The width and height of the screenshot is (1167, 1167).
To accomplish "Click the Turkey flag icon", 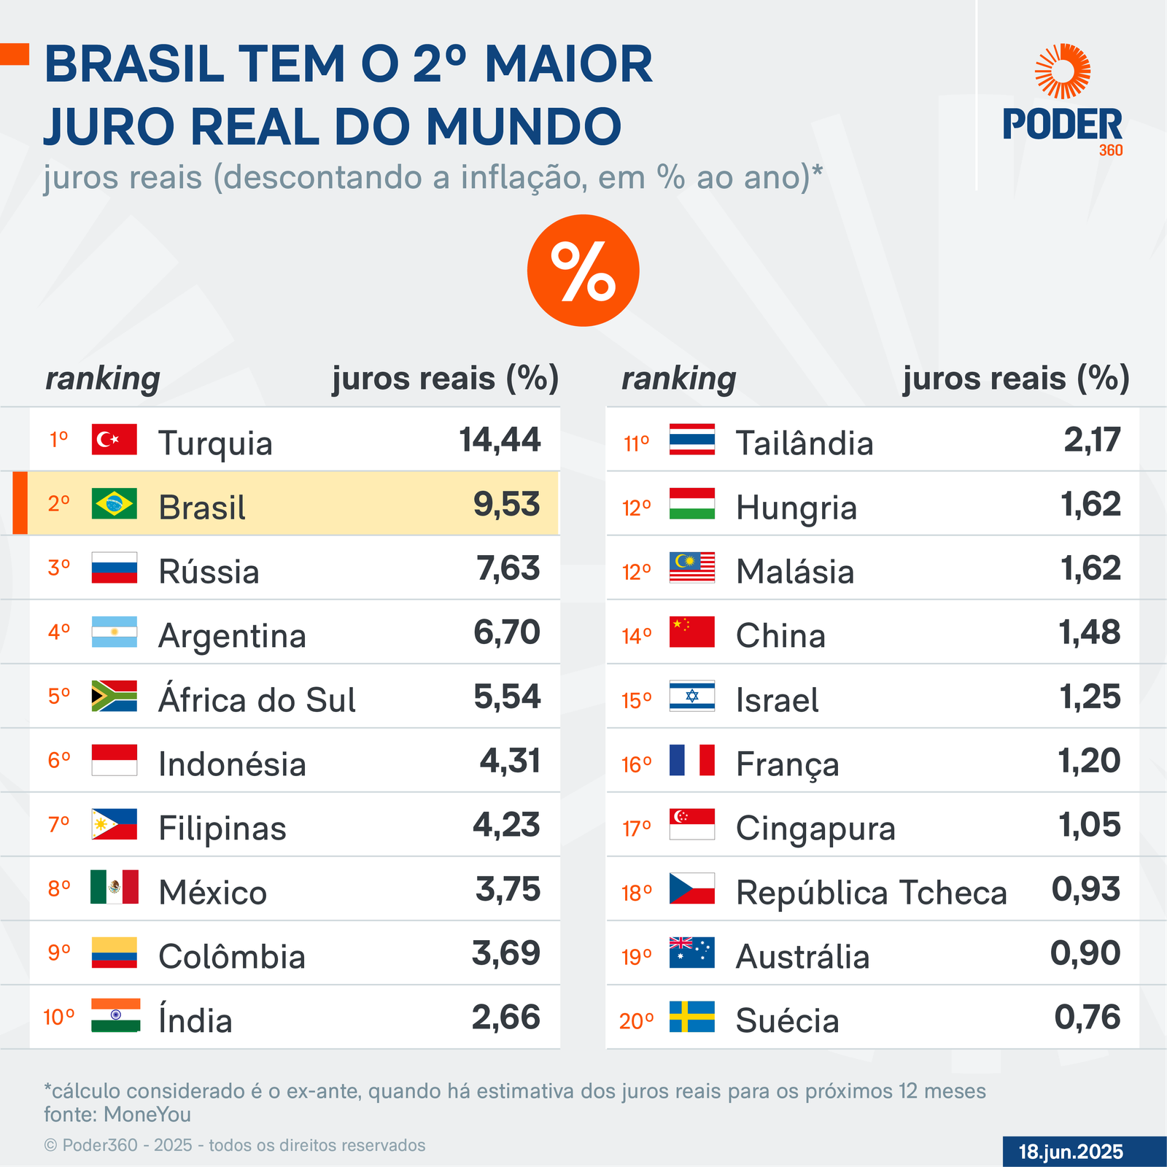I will point(115,440).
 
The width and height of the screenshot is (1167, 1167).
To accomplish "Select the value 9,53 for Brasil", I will point(506,504).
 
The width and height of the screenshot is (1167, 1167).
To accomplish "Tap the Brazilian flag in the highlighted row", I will point(115,504).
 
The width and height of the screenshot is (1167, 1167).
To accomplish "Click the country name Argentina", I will point(232,635).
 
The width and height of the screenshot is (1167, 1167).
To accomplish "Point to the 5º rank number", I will point(59,697).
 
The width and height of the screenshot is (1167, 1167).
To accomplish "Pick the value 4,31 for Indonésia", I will point(510,761).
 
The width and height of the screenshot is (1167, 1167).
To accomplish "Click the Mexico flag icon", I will point(115,888).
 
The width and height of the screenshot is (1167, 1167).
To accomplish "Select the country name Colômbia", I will point(232,956).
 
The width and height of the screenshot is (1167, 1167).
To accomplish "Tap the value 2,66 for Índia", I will point(505,1017).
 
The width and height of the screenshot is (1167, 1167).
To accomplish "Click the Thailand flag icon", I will point(692,440).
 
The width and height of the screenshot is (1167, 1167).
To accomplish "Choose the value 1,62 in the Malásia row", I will point(1090,568).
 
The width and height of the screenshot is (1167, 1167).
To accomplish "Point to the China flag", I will point(692,632).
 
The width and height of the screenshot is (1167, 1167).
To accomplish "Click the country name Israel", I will point(777,700).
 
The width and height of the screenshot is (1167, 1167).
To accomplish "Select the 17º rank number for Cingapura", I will point(636,829).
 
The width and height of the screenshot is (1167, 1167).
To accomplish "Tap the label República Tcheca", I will point(871,893).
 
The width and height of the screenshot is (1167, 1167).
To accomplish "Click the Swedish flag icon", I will point(692,1017).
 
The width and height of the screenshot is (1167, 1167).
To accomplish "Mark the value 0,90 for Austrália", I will point(1085,953).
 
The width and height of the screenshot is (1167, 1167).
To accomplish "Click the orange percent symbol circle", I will point(583,271).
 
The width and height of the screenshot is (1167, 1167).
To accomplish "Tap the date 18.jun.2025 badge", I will point(1070,1152).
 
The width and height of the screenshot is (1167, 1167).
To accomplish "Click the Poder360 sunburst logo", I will point(1063,71).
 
